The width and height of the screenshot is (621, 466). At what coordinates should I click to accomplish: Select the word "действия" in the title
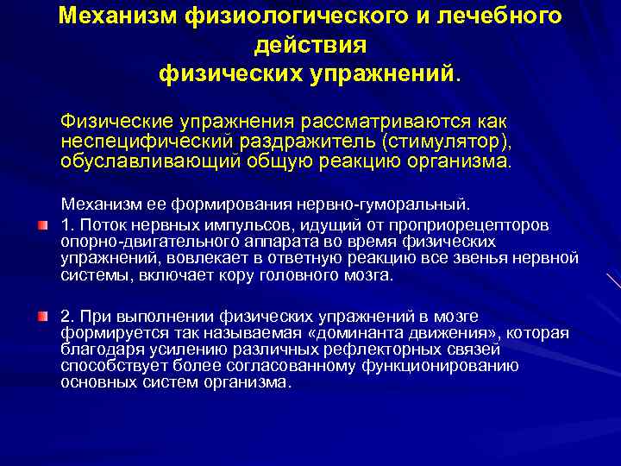coord(310,43)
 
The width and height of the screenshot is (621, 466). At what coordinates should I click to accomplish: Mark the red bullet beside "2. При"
coord(41,318)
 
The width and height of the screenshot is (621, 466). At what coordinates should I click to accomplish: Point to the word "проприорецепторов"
coord(474,225)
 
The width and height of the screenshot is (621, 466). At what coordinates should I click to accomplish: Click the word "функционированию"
coord(443,366)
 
